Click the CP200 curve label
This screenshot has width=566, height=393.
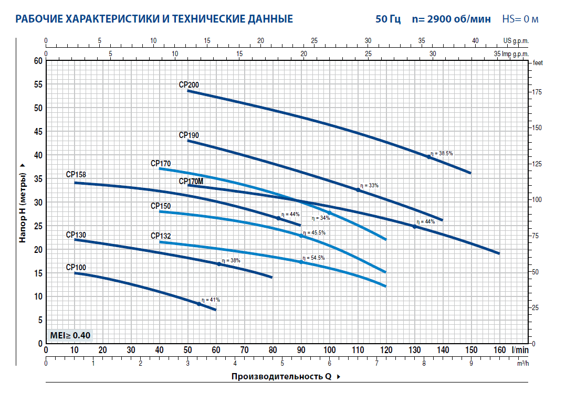tap(189, 85)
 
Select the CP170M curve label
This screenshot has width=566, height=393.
tap(191, 182)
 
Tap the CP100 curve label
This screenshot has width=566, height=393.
tap(76, 267)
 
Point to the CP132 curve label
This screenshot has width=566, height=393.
tap(161, 236)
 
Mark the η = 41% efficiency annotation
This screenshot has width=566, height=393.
tap(212, 300)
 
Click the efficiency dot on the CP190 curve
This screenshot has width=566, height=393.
tap(359, 190)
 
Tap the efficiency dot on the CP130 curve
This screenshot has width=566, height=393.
tap(219, 264)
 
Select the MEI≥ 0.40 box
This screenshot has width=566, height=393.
tap(69, 335)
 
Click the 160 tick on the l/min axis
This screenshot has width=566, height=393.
tap(499, 350)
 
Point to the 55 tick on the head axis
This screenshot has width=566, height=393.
tap(38, 84)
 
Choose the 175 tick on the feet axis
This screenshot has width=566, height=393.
tap(538, 92)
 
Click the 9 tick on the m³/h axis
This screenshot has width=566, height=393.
tap(471, 363)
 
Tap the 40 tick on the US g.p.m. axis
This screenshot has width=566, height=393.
tap(475, 40)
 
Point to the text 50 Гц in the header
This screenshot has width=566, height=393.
tap(388, 19)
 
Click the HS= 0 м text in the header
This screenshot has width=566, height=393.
tap(520, 19)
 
